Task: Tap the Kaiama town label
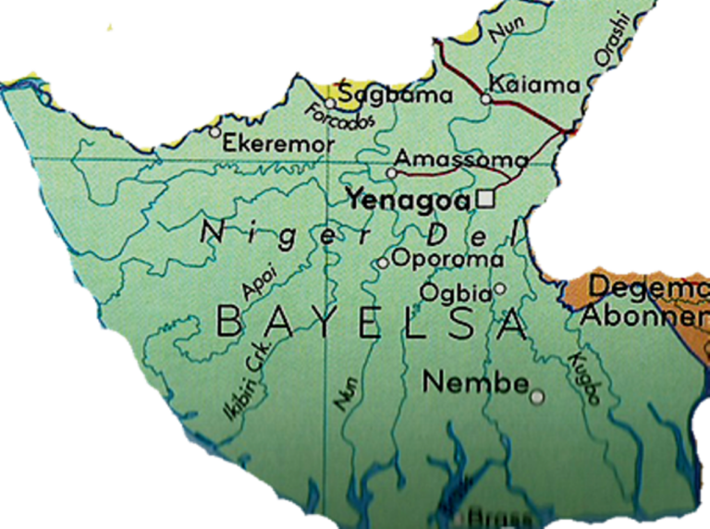[537, 85]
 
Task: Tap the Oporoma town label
[447, 259]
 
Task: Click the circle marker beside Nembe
[537, 398]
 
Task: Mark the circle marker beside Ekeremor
[215, 132]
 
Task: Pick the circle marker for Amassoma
[391, 172]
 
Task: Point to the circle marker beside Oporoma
[383, 264]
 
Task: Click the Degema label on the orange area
[647, 287]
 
